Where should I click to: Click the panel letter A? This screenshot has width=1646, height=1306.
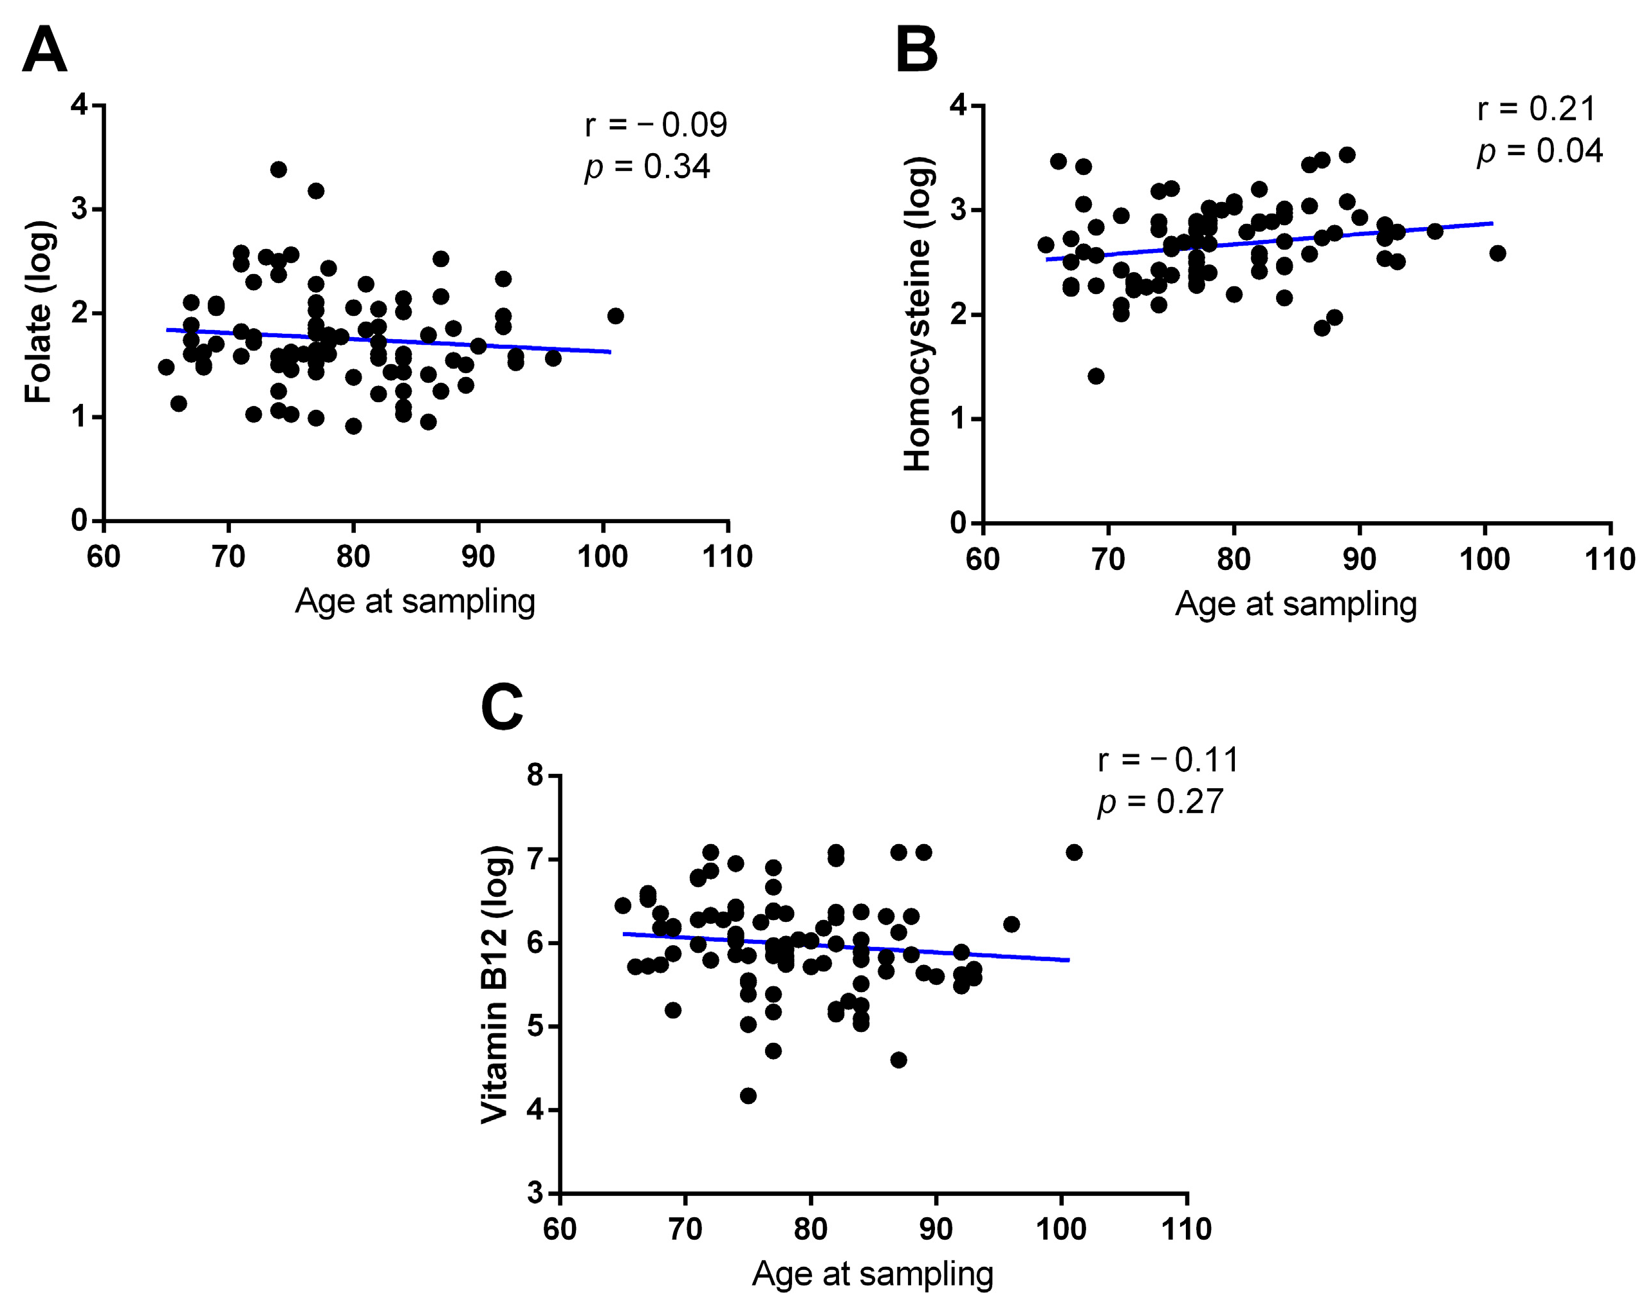click(x=44, y=50)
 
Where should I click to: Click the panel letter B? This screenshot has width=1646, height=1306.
click(x=916, y=50)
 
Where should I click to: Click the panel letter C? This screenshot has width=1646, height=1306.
click(x=502, y=707)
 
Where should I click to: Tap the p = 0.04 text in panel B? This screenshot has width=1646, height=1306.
click(x=1539, y=151)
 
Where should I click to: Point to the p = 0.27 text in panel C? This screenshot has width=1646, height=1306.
click(x=1160, y=802)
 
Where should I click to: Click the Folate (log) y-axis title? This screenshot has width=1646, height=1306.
click(x=38, y=312)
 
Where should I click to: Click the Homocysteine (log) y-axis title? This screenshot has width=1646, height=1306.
click(x=917, y=314)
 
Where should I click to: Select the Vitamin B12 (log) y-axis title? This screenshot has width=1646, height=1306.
click(x=495, y=985)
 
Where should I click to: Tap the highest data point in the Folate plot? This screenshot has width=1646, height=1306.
click(x=279, y=169)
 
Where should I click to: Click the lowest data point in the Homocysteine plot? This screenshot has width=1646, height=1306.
click(x=1096, y=376)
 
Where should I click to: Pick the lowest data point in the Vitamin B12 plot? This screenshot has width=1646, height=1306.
click(x=748, y=1096)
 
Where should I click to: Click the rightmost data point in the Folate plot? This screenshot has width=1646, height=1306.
click(x=615, y=316)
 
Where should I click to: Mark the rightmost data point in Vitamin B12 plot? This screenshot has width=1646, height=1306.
click(x=1074, y=852)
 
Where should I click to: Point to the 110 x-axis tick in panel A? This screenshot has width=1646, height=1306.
click(x=727, y=556)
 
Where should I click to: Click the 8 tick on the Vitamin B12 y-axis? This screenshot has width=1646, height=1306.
click(x=535, y=777)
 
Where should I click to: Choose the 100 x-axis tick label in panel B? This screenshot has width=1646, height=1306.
click(x=1484, y=560)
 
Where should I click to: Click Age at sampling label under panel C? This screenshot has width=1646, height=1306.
click(x=873, y=1273)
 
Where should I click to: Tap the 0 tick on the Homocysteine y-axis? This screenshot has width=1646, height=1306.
click(x=958, y=523)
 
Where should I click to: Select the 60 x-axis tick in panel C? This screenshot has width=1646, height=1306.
click(x=560, y=1229)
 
